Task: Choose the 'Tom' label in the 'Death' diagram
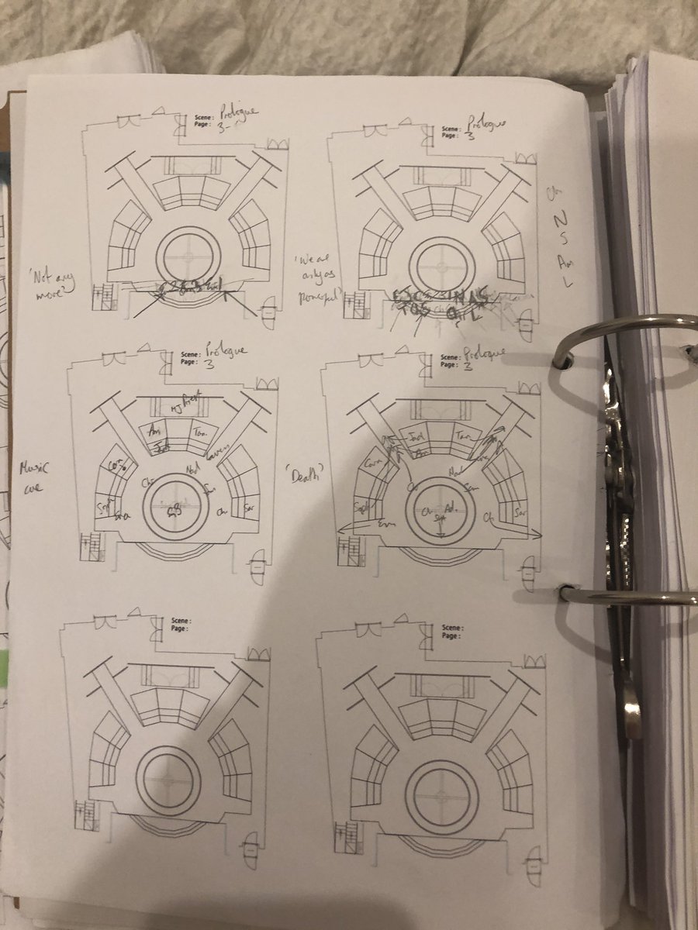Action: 463,436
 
